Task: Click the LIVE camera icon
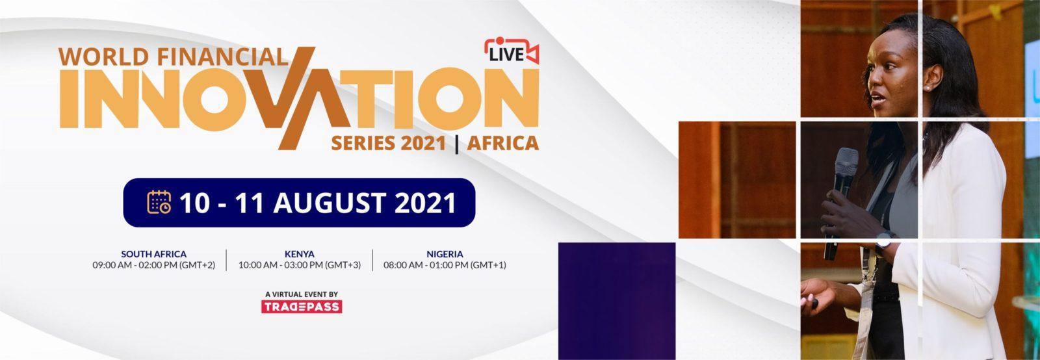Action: point(512,51)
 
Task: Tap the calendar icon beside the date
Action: point(159,202)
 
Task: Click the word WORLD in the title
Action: point(104,57)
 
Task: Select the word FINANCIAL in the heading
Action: point(222,57)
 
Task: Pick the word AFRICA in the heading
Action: point(503,144)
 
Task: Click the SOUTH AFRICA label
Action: point(153,254)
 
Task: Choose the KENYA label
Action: point(300,254)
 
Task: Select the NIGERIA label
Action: point(445,254)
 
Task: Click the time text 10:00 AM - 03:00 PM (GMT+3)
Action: point(300,265)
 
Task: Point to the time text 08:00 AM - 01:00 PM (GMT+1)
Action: point(445,265)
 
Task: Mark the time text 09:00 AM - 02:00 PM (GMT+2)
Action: point(153,265)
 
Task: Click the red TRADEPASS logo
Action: point(302,307)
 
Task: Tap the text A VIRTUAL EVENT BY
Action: point(302,294)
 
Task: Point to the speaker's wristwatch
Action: point(885,242)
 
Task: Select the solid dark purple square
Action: point(617,301)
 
